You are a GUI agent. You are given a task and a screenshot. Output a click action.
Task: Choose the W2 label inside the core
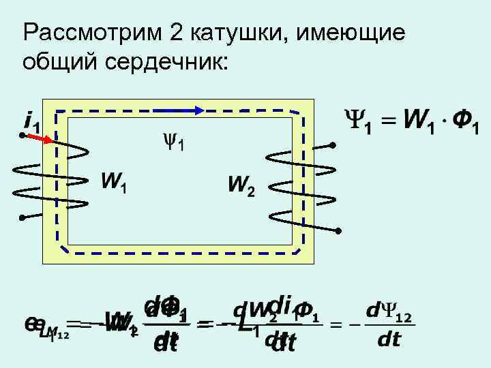(242, 185)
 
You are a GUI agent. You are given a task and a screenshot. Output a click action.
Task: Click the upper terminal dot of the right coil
(333, 144)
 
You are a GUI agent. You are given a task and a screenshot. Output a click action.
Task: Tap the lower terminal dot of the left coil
(23, 217)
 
